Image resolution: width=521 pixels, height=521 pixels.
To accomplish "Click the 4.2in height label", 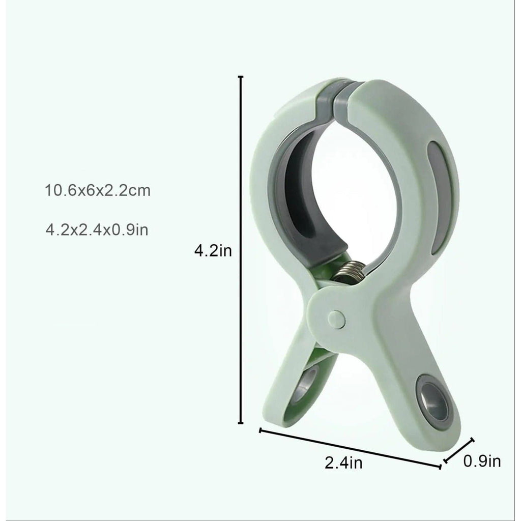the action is click(213, 251).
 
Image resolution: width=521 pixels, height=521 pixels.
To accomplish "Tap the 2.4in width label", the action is click(343, 463).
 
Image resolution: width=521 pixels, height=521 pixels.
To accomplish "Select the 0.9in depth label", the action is click(482, 461).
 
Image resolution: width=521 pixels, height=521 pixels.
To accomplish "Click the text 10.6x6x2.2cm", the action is click(98, 191).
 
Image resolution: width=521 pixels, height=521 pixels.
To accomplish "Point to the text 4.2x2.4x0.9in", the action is click(97, 229).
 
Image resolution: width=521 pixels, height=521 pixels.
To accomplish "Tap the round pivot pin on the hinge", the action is click(336, 320).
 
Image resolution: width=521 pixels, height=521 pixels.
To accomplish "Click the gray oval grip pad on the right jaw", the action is click(439, 196).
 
